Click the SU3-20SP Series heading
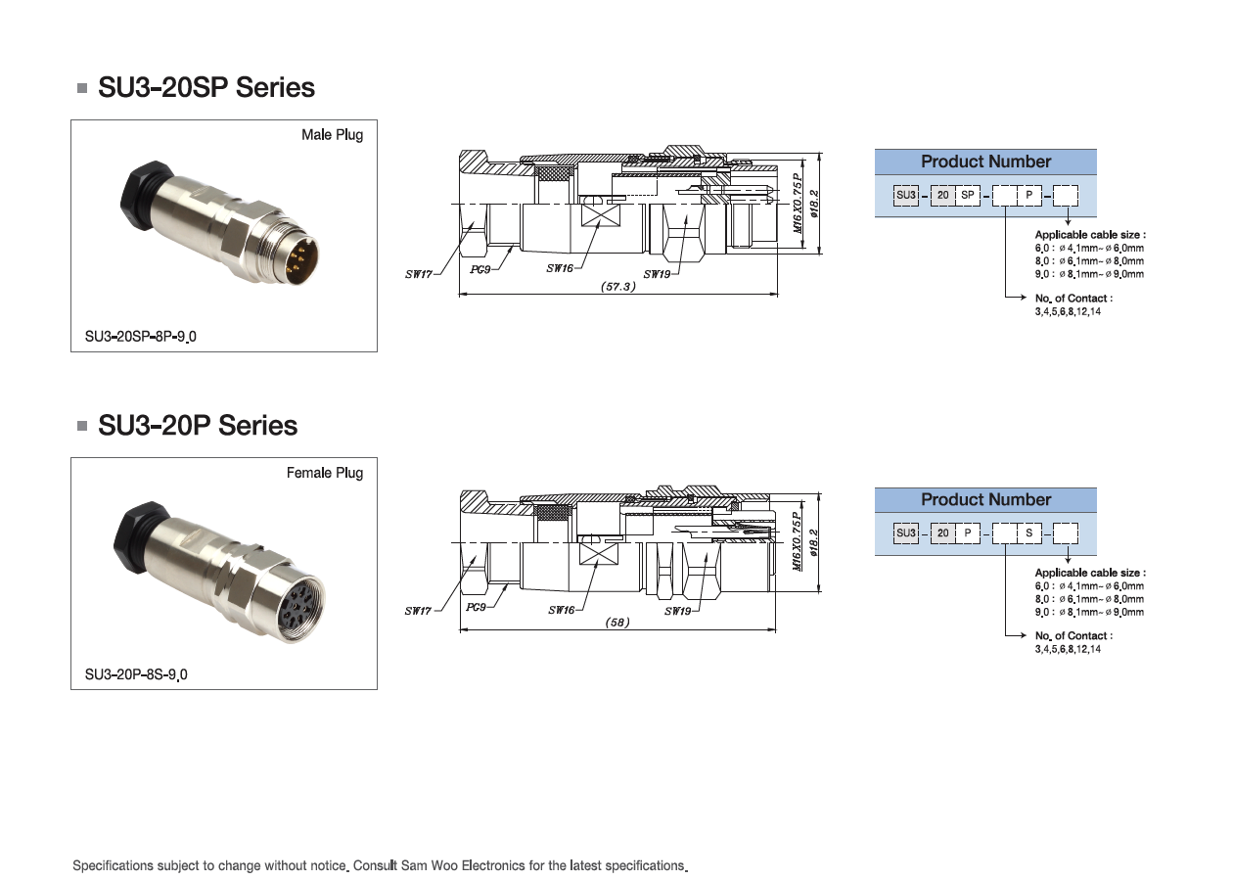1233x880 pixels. [206, 88]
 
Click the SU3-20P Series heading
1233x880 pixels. [198, 426]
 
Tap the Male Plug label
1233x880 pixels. [332, 135]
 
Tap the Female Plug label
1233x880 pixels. [324, 473]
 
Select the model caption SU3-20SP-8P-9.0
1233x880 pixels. [141, 338]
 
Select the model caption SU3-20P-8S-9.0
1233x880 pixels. [136, 675]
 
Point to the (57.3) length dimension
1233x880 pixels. [618, 287]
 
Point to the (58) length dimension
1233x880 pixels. [617, 623]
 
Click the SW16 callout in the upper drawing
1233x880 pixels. [560, 268]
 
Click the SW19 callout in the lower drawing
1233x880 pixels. [678, 611]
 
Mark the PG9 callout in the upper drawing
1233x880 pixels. [479, 268]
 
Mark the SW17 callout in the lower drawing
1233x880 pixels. [419, 611]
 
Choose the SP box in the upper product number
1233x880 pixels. [967, 196]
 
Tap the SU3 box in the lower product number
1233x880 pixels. [906, 533]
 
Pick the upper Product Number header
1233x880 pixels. [985, 162]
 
